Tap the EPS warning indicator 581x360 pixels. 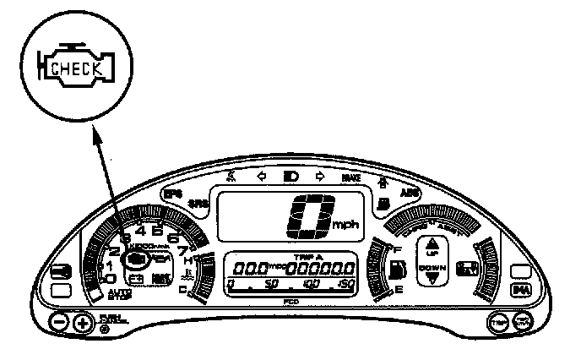coord(172,194)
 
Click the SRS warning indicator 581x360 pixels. coord(198,204)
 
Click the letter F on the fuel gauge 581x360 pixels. coord(397,248)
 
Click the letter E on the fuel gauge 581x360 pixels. coord(398,290)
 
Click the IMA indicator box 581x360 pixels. coord(521,290)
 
